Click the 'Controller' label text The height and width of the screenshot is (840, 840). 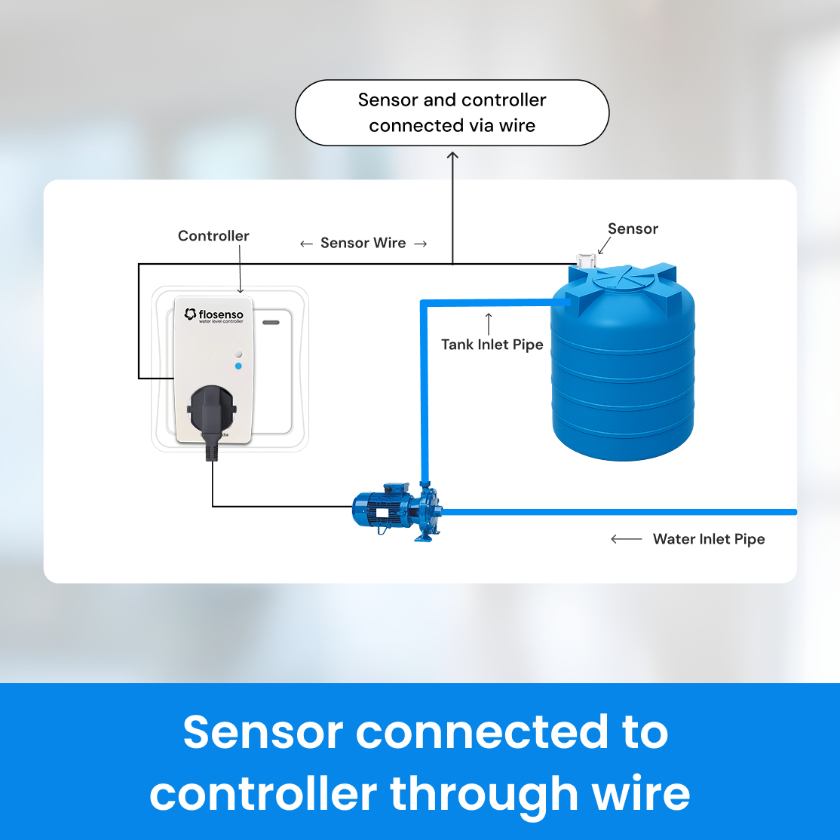(x=213, y=236)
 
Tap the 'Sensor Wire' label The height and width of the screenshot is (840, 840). (x=363, y=243)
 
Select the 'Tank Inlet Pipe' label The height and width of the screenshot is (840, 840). (x=492, y=345)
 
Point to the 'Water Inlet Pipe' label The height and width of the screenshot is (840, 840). (x=709, y=539)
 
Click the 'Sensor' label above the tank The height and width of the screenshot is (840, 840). (x=633, y=229)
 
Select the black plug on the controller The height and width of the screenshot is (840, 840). (x=210, y=412)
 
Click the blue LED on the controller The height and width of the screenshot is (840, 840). (x=238, y=366)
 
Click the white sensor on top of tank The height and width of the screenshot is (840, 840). (x=586, y=261)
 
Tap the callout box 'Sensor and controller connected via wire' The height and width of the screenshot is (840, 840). (x=452, y=112)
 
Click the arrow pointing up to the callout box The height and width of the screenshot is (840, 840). (x=452, y=204)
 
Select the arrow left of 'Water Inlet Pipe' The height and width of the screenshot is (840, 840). (x=626, y=539)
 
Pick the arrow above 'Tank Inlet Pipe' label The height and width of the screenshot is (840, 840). (x=489, y=322)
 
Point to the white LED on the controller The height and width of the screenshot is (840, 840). (x=238, y=353)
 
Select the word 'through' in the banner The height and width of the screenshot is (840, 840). (x=473, y=794)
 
